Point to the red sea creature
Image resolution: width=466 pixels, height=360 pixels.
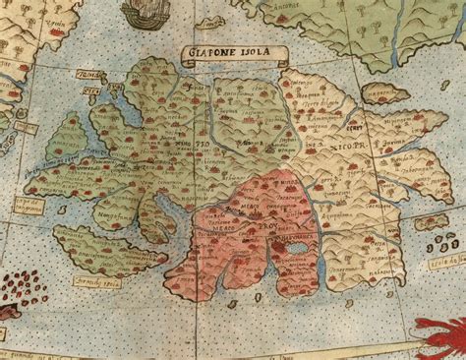(440, 340)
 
